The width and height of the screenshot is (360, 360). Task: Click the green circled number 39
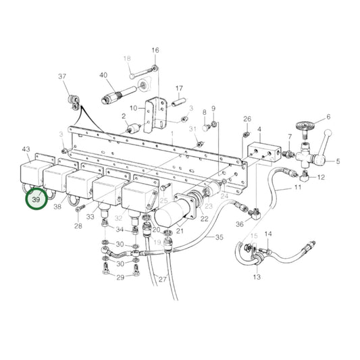click(36, 200)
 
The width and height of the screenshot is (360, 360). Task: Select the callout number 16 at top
click(155, 51)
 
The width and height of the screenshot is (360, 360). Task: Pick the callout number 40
click(103, 75)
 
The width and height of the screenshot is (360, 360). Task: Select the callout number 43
click(26, 149)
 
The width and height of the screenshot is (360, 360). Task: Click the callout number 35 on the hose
click(218, 237)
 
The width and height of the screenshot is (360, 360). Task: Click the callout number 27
click(162, 279)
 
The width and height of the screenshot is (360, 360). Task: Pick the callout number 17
click(180, 88)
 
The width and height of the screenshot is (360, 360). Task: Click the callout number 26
click(247, 118)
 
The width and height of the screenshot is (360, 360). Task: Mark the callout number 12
click(322, 177)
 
